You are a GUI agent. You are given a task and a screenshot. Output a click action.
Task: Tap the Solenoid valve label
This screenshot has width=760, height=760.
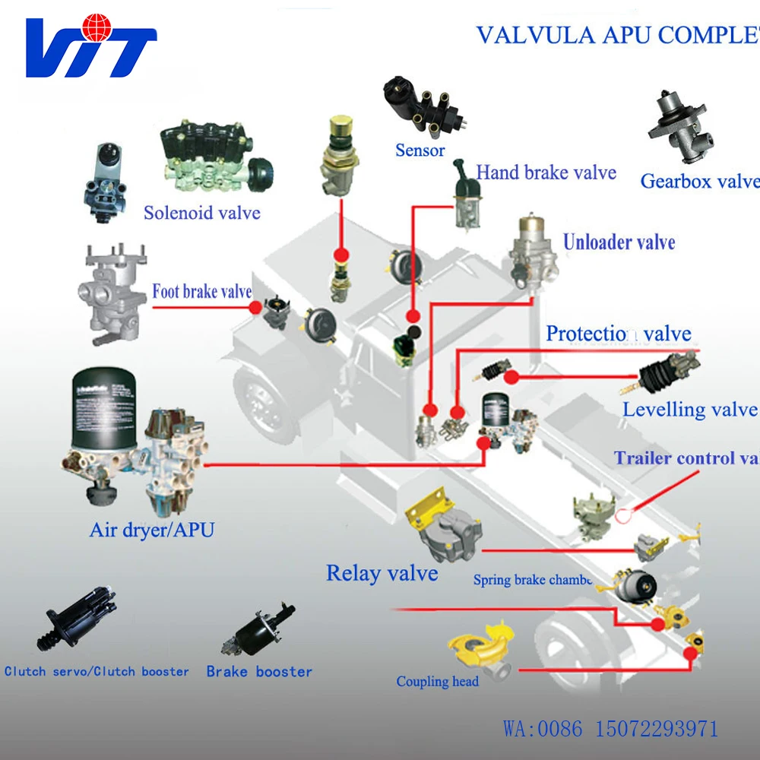click(202, 212)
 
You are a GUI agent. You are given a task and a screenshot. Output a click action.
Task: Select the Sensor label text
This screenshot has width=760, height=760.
click(420, 150)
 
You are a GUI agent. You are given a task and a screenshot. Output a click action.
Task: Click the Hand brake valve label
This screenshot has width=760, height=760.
click(546, 173)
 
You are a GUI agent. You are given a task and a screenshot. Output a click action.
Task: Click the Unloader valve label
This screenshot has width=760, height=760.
click(619, 242)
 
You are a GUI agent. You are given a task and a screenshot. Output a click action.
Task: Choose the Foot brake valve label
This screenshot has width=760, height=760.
click(201, 291)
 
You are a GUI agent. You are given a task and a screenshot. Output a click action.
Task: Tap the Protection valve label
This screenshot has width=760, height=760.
click(619, 334)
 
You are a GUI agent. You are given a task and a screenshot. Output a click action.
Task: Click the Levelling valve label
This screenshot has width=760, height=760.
click(689, 410)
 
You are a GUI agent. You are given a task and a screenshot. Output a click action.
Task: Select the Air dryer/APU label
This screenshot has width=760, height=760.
click(152, 530)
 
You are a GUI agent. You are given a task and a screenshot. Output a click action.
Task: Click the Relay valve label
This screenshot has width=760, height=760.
click(382, 573)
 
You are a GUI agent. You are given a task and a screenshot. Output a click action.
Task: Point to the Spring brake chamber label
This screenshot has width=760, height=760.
click(532, 581)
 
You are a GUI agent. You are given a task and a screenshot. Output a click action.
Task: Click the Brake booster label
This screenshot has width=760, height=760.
click(259, 672)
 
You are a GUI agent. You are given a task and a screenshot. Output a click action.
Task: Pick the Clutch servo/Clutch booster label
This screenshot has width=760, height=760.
click(97, 672)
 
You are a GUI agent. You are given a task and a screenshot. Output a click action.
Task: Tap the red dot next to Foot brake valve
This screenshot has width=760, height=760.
click(256, 307)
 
